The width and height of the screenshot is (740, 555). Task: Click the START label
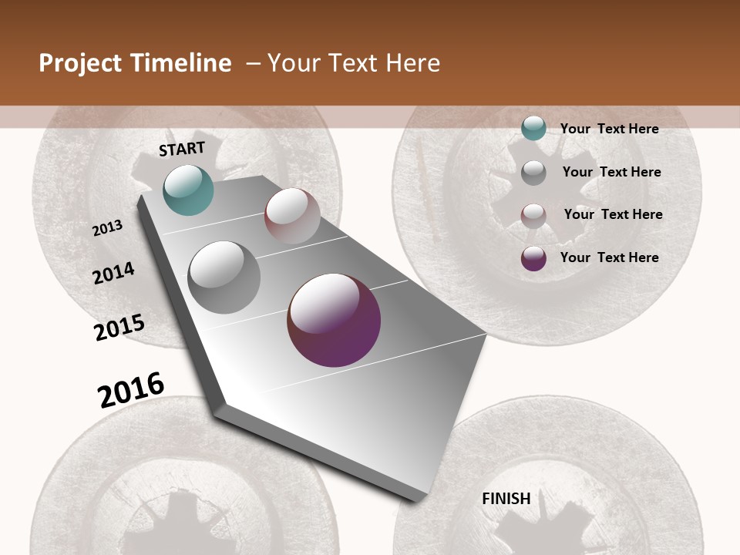(182, 149)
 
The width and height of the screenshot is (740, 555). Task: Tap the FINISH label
(506, 499)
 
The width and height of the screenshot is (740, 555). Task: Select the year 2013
(108, 228)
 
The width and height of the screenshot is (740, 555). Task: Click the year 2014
(113, 273)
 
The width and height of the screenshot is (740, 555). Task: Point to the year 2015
(119, 328)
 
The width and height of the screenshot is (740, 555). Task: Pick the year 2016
(131, 389)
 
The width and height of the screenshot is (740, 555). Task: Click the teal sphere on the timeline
(188, 190)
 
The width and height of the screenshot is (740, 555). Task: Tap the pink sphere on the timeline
(292, 216)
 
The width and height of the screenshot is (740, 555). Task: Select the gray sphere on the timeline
(224, 277)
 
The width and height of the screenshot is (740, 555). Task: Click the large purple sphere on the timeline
(334, 320)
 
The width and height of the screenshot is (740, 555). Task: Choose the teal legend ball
(533, 129)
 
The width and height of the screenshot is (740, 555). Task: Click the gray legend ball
(533, 172)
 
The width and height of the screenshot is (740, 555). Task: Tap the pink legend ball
(533, 215)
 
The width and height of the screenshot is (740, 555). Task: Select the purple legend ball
(533, 258)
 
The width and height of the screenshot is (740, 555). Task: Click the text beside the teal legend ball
(609, 129)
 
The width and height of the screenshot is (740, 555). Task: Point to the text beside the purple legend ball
(609, 257)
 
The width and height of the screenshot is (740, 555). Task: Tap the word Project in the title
(80, 63)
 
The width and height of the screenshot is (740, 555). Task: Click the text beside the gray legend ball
(611, 172)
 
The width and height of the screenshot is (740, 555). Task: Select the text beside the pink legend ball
(613, 214)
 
